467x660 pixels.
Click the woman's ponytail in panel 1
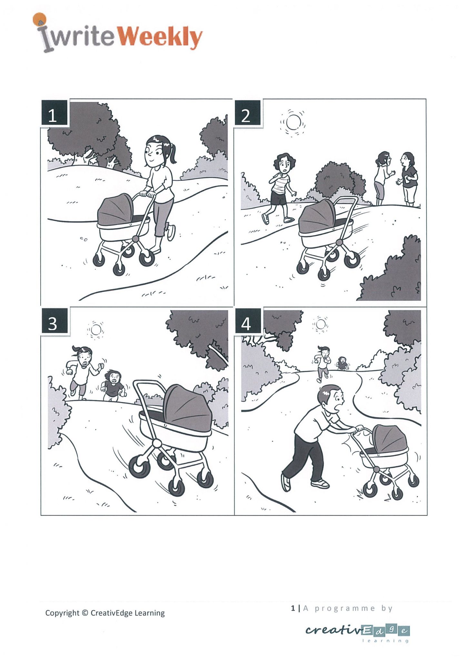(x=173, y=154)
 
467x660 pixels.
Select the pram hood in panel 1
(x=115, y=210)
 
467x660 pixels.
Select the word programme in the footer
(x=345, y=608)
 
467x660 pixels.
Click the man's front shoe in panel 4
(x=320, y=483)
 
